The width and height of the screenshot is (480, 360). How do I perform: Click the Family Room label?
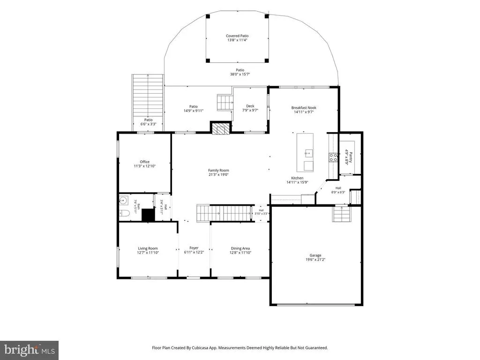pyautogui.click(x=218, y=171)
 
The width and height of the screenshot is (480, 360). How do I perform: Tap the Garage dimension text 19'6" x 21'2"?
pyautogui.click(x=315, y=260)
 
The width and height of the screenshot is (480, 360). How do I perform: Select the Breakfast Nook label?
pyautogui.click(x=304, y=108)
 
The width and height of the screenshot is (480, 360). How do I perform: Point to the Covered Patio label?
pyautogui.click(x=237, y=36)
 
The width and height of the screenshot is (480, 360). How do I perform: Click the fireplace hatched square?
pyautogui.click(x=220, y=128)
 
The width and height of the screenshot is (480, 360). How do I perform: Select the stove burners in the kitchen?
pyautogui.click(x=333, y=157)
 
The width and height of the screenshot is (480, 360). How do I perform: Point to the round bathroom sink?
pyautogui.click(x=123, y=201)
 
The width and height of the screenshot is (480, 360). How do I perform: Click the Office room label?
pyautogui.click(x=145, y=162)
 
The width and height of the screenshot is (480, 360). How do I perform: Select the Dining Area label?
pyautogui.click(x=240, y=248)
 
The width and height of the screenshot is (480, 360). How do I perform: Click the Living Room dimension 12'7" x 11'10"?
pyautogui.click(x=148, y=253)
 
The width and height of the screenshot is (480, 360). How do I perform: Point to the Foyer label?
pyautogui.click(x=194, y=248)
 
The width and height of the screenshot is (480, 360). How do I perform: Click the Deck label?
pyautogui.click(x=250, y=106)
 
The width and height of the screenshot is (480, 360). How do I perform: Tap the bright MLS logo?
pyautogui.click(x=30, y=350)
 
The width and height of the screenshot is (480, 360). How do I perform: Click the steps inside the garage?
pyautogui.click(x=341, y=214)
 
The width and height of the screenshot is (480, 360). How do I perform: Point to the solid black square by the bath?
pyautogui.click(x=148, y=215)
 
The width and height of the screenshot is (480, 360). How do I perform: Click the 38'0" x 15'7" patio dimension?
pyautogui.click(x=240, y=74)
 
